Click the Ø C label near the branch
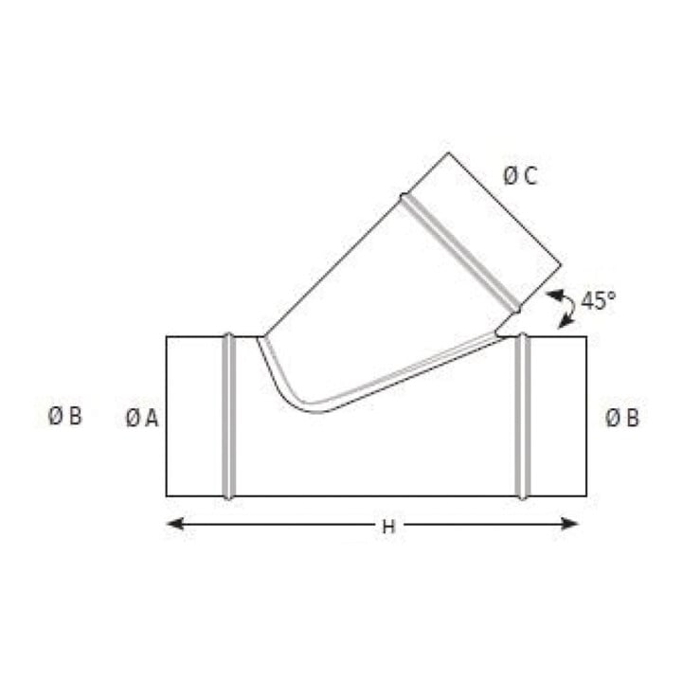(x=520, y=176)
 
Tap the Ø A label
(x=142, y=419)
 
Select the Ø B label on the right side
(x=622, y=418)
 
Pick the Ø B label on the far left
(x=64, y=416)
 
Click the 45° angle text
(x=599, y=300)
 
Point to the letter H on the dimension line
(x=388, y=528)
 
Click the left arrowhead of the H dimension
(x=175, y=524)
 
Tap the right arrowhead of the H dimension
(x=569, y=524)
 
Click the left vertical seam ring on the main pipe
(x=229, y=416)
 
